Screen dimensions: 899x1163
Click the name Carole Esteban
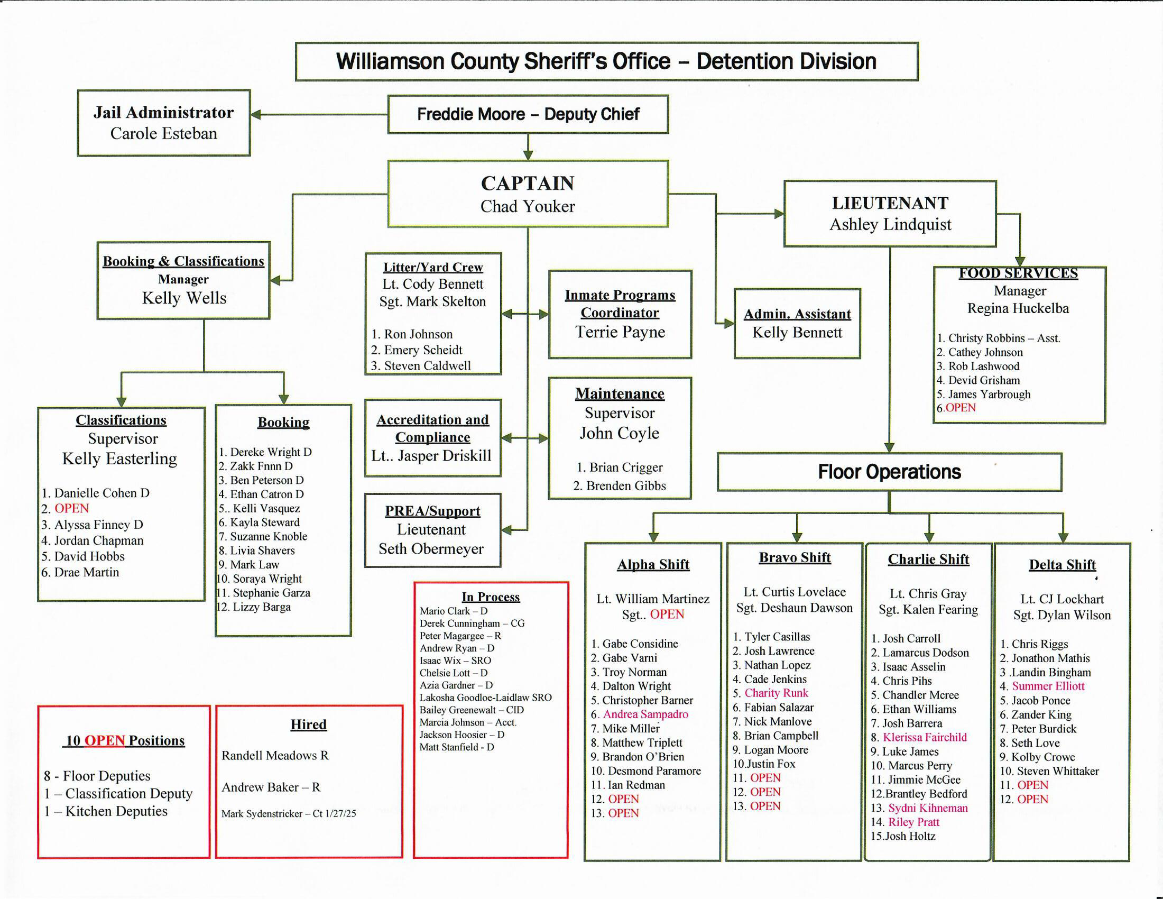tap(163, 133)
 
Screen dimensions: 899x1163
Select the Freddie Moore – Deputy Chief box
tap(528, 114)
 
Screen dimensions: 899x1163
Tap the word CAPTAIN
tap(527, 183)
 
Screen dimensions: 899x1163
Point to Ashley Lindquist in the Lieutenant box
tap(890, 224)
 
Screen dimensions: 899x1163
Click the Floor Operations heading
tap(889, 472)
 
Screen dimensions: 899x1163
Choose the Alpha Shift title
tap(653, 565)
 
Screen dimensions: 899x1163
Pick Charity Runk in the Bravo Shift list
tap(776, 693)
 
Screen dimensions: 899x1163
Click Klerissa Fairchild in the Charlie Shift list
tap(925, 737)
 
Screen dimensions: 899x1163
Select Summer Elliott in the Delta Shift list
tap(1047, 686)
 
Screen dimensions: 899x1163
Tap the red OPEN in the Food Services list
tap(960, 408)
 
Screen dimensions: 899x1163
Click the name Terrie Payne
tap(620, 332)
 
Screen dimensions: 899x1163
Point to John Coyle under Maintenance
tap(620, 433)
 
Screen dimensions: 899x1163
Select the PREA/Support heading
tap(432, 511)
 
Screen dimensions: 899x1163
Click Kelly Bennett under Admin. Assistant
tap(797, 332)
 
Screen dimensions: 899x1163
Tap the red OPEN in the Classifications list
tap(71, 508)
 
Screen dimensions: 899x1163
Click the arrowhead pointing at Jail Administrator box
tap(256, 115)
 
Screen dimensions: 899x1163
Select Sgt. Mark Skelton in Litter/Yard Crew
tap(432, 301)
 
